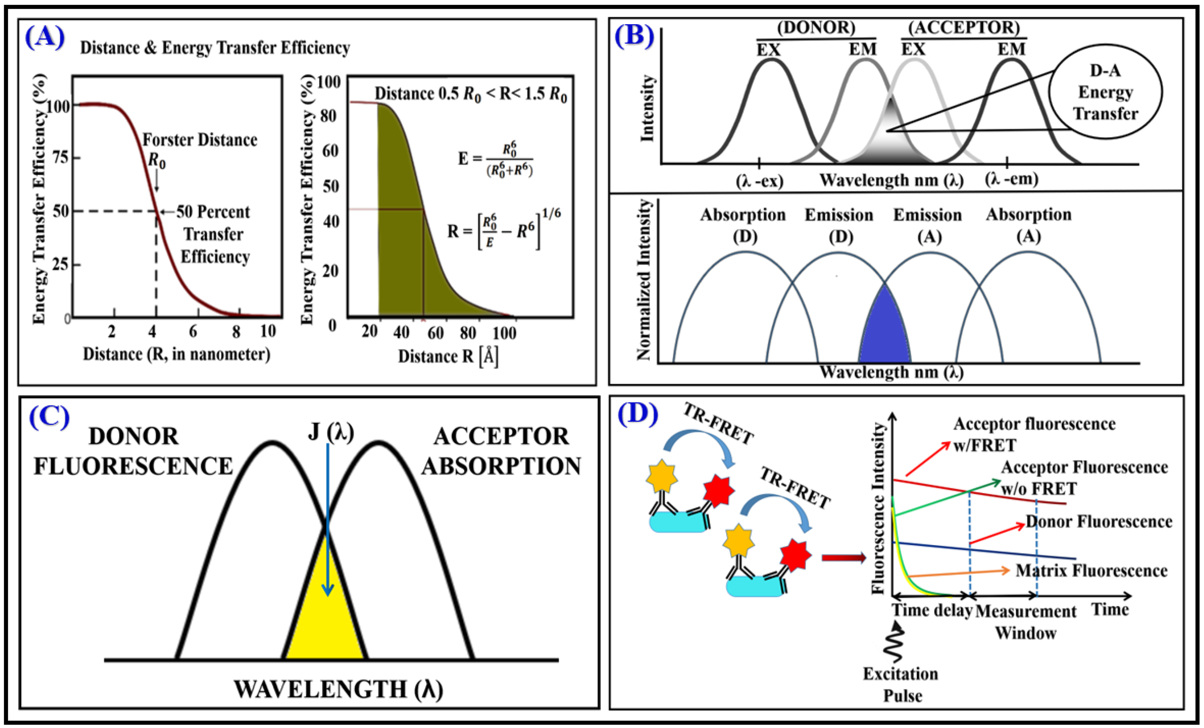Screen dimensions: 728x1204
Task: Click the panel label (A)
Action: [45, 37]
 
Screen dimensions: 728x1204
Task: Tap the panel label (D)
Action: [638, 414]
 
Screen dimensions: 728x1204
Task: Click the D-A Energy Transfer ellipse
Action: [1105, 92]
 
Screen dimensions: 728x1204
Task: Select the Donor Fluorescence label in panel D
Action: [1098, 522]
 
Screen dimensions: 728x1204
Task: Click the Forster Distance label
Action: [199, 140]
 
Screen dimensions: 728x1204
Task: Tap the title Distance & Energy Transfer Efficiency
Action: [215, 48]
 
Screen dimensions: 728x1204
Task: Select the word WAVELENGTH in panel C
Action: [320, 689]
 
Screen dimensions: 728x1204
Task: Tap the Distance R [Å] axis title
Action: [448, 356]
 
